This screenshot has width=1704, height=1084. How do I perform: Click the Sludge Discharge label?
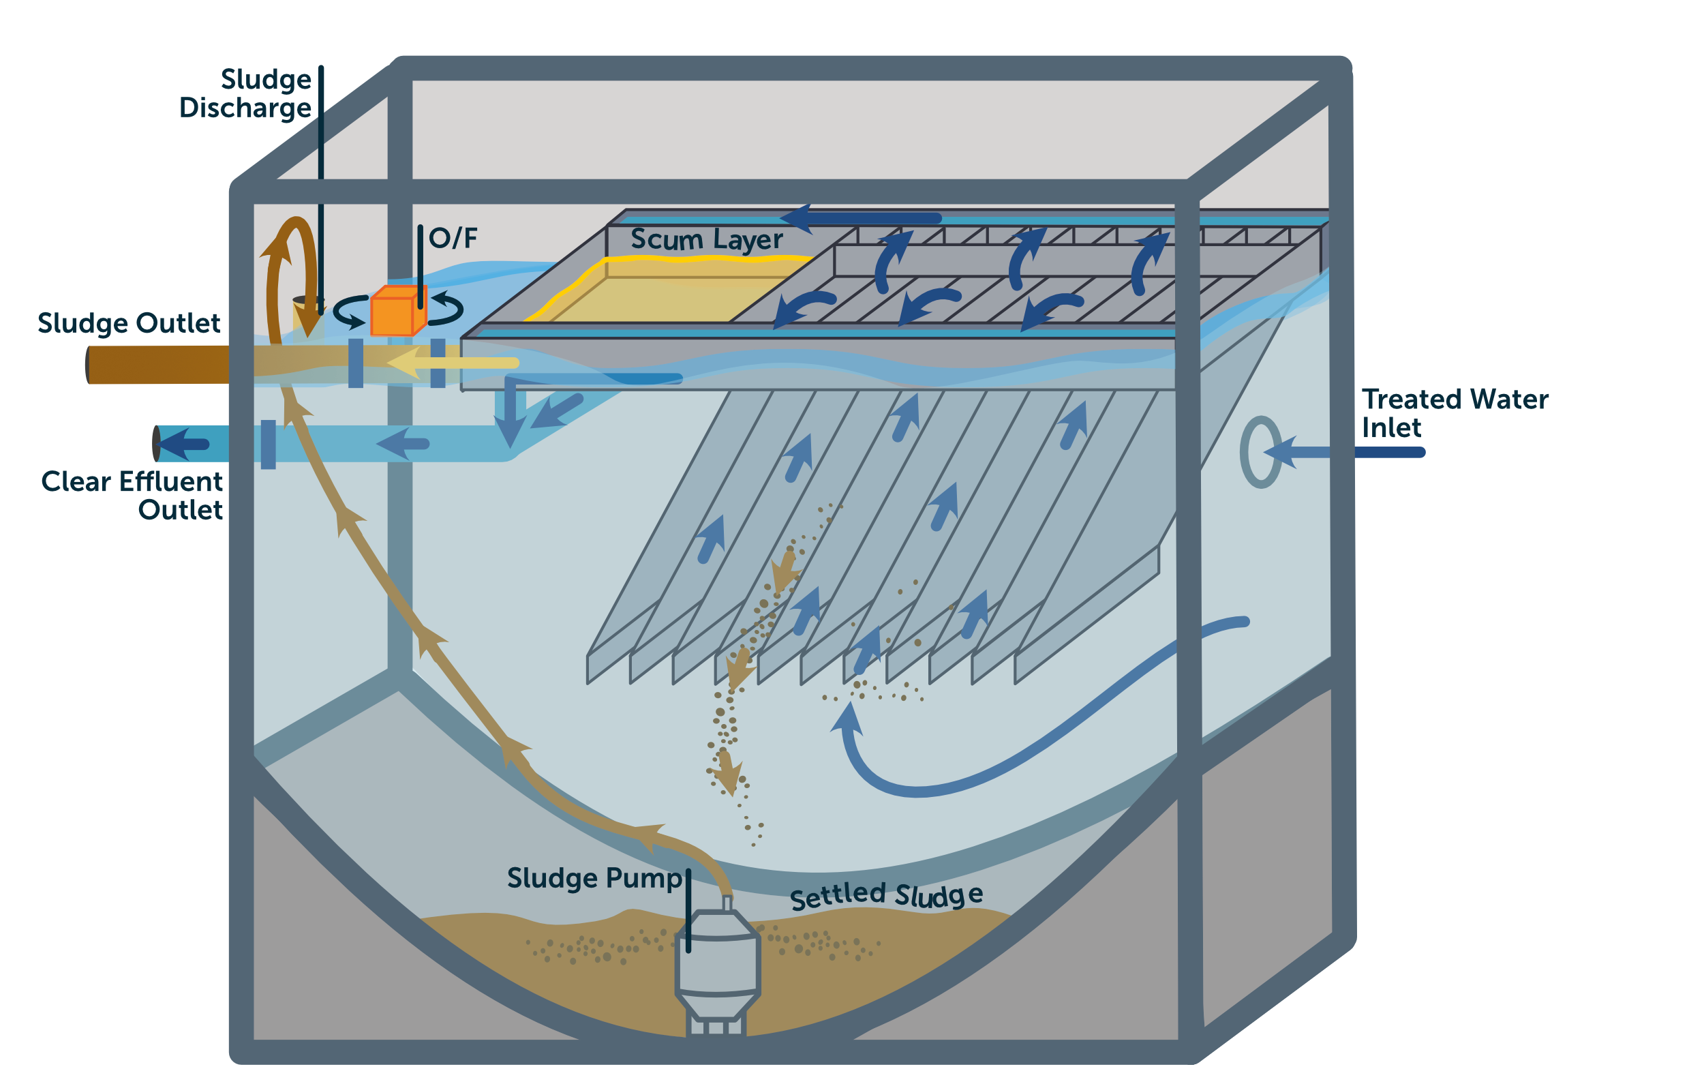(x=245, y=93)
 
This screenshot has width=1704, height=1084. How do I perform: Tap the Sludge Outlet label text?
(x=129, y=323)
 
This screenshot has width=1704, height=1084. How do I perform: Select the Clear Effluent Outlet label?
(x=132, y=495)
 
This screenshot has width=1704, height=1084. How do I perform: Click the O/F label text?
(x=453, y=238)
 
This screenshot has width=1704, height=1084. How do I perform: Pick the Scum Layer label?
(x=706, y=239)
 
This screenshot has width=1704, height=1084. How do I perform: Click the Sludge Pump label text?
(x=594, y=878)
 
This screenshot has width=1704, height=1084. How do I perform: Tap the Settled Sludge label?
(x=886, y=896)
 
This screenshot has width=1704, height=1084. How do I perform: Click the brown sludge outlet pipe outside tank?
(x=157, y=365)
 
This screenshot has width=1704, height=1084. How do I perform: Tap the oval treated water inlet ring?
(x=1260, y=452)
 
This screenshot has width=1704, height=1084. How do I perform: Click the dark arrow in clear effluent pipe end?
(x=183, y=445)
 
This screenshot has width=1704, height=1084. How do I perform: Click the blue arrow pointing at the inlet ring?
(x=1295, y=452)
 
